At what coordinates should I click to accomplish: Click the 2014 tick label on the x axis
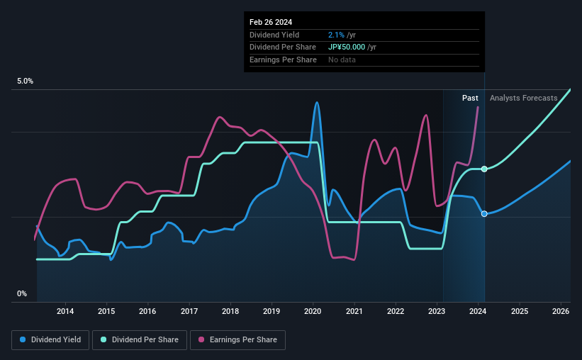[x=65, y=311]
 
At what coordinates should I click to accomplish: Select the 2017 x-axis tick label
[x=189, y=311]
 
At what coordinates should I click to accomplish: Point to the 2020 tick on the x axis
[x=313, y=311]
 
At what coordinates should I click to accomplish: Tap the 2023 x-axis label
[x=437, y=311]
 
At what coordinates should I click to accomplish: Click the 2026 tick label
[x=561, y=311]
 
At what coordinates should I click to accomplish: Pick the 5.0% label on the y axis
[x=25, y=81]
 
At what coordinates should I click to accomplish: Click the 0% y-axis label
[x=22, y=293]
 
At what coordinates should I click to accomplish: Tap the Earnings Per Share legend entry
[x=239, y=340]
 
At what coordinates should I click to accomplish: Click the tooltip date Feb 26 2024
[x=270, y=22]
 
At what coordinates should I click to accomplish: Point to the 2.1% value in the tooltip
[x=336, y=35]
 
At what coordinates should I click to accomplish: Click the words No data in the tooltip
[x=342, y=60]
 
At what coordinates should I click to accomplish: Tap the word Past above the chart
[x=470, y=98]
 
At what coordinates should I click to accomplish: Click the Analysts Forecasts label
[x=524, y=98]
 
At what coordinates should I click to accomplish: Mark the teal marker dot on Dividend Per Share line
[x=484, y=169]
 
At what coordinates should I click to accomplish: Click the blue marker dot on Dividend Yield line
[x=484, y=213]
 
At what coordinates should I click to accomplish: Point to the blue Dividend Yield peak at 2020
[x=317, y=103]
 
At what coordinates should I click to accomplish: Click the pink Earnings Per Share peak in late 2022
[x=426, y=116]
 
